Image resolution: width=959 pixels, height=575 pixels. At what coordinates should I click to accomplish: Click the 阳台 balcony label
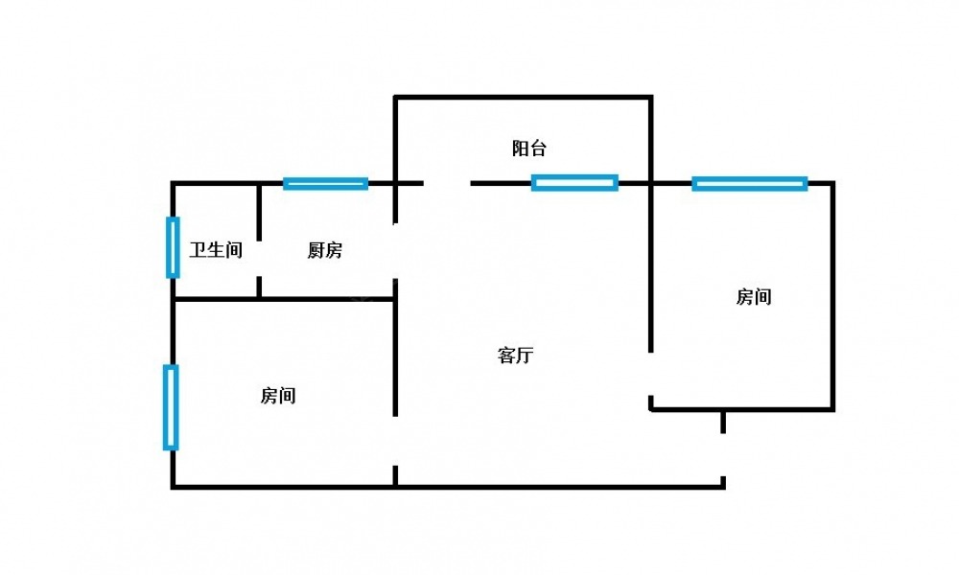[528, 149]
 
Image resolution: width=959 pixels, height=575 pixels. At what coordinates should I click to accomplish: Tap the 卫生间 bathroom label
[216, 251]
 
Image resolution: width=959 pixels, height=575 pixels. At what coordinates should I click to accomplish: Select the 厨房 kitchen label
[324, 251]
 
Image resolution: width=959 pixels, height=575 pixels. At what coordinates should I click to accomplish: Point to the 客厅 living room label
[515, 356]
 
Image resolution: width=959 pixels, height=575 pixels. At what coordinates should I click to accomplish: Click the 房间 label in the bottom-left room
[277, 396]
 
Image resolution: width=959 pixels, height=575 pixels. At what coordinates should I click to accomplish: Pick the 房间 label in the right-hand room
[753, 297]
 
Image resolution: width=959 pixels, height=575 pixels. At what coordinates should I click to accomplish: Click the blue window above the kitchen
[326, 183]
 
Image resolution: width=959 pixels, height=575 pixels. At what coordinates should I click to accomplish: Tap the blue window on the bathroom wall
[173, 247]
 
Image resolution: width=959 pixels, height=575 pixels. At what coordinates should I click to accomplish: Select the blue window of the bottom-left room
[171, 407]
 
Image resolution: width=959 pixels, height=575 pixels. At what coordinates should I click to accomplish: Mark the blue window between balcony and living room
[574, 182]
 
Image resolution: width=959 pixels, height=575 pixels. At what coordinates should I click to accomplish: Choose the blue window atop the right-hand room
[750, 183]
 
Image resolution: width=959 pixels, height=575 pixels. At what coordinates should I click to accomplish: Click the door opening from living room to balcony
[447, 182]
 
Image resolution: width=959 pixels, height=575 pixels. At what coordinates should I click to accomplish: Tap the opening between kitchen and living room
[395, 250]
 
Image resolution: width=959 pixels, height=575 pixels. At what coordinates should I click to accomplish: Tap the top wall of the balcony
[524, 97]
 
